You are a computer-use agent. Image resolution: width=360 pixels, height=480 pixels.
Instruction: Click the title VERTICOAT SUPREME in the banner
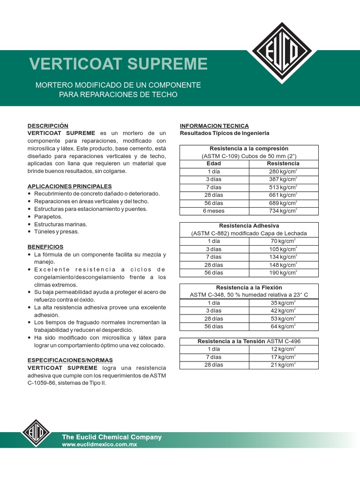click(118, 64)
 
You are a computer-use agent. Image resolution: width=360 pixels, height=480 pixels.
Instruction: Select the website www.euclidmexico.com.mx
click(99, 444)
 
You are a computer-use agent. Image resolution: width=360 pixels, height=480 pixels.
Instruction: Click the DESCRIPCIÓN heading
click(48, 126)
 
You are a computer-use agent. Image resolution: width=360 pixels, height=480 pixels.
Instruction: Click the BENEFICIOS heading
click(45, 247)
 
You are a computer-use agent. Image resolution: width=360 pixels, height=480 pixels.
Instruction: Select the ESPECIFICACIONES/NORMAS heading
click(70, 360)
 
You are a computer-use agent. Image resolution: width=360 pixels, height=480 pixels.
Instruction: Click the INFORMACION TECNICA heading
click(214, 126)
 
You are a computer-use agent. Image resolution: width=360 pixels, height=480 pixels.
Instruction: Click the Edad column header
click(214, 164)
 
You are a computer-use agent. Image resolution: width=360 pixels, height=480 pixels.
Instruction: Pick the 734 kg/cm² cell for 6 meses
click(283, 211)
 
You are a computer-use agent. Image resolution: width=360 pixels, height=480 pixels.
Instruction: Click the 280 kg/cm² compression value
click(283, 172)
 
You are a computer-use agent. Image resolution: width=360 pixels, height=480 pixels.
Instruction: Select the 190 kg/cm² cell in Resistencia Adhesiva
click(283, 273)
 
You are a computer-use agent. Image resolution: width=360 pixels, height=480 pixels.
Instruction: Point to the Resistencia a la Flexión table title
click(249, 287)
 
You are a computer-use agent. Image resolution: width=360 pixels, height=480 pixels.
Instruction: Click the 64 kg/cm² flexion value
click(283, 327)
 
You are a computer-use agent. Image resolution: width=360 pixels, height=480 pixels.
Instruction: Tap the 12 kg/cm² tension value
click(283, 349)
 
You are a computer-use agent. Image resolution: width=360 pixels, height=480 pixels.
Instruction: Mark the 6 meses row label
click(214, 211)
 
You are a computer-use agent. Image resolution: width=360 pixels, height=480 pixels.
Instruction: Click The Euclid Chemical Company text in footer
click(112, 437)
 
